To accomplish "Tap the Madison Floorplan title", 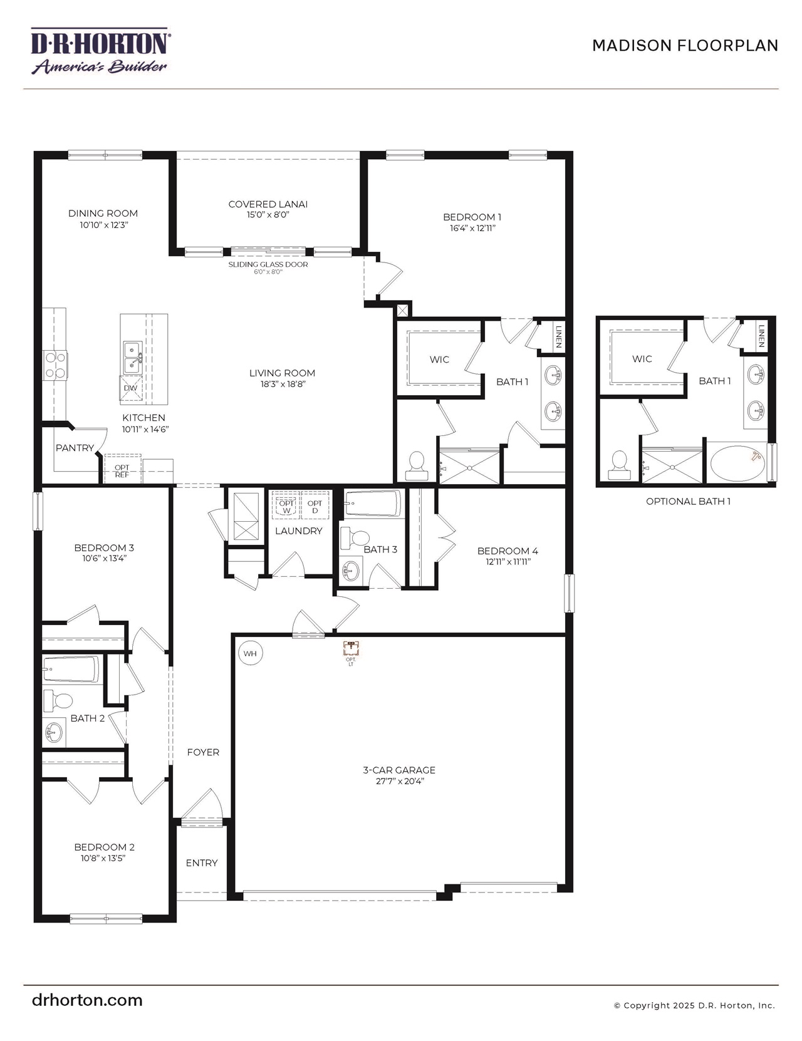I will point(685,46).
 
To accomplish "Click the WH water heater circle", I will point(250,653).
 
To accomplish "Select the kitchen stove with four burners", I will point(55,365).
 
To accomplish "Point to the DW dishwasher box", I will point(130,388).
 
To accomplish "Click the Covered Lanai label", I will point(268,204).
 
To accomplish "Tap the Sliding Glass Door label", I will point(268,264).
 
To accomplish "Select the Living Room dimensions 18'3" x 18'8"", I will point(282,384).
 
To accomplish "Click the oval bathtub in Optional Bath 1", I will point(737,464).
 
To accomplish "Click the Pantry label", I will point(75,448).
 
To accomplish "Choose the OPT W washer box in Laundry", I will point(286,506).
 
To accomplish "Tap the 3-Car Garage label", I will point(399,770).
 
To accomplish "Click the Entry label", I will point(202,862).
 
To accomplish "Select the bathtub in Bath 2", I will point(71,670).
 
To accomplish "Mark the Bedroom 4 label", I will point(508,551).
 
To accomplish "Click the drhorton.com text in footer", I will point(87,1000).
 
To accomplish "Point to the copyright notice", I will point(694,1005).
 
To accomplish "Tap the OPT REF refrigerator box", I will point(122,470).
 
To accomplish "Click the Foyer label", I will point(203,752).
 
